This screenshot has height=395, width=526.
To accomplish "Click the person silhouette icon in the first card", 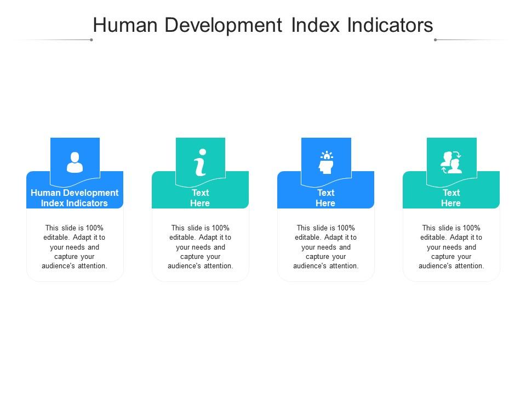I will (75, 162).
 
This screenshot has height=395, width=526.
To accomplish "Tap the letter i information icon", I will (201, 162).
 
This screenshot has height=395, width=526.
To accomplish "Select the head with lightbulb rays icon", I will (326, 162).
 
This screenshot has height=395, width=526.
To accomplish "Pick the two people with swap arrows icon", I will (451, 162).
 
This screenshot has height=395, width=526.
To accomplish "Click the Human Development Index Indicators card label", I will (75, 198).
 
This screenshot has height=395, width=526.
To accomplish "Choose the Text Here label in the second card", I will (200, 198).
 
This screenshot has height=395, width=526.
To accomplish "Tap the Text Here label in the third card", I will (325, 198).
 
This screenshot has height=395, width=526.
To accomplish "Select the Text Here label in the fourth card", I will (451, 198).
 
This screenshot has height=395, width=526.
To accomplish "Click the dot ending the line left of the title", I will (91, 39).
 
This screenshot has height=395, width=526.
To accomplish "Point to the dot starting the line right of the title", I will (435, 39).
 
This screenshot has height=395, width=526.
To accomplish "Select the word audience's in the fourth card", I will (435, 266).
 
